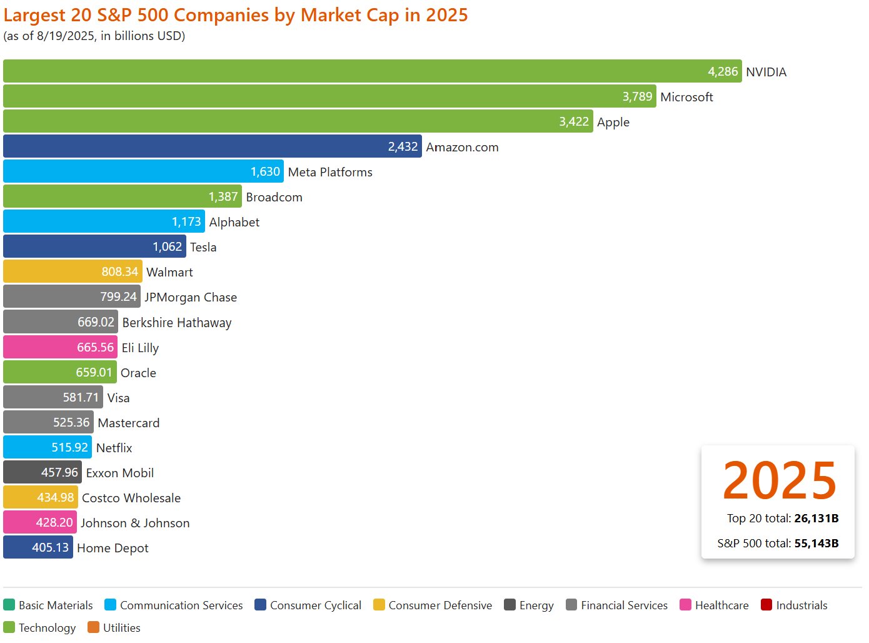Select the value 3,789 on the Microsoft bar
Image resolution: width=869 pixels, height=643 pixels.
637,96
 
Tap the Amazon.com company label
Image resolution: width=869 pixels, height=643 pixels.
462,147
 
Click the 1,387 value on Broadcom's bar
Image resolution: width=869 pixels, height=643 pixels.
223,196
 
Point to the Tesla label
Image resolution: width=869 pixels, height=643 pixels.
203,247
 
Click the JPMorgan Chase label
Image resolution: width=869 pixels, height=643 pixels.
191,297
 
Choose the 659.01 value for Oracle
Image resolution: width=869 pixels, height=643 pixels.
94,372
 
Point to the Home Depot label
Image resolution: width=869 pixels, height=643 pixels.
113,548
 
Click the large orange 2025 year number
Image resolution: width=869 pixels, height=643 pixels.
779,480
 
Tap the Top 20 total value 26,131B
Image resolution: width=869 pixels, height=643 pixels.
816,518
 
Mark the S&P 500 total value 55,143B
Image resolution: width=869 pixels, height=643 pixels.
816,543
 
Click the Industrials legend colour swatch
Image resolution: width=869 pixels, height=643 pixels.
766,605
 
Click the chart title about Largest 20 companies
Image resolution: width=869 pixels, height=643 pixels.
235,14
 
